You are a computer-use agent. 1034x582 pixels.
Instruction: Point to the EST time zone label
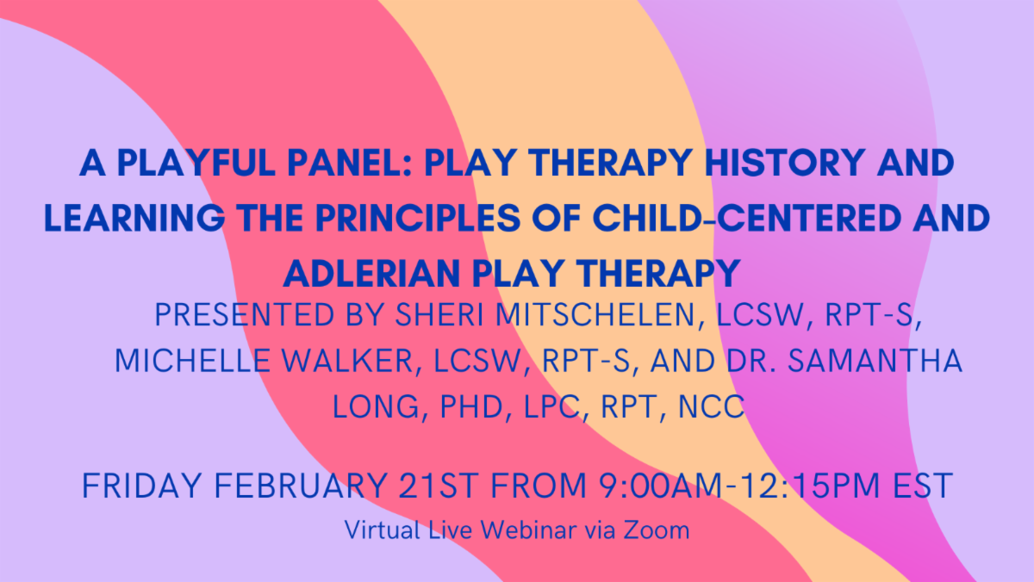pos(921,487)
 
